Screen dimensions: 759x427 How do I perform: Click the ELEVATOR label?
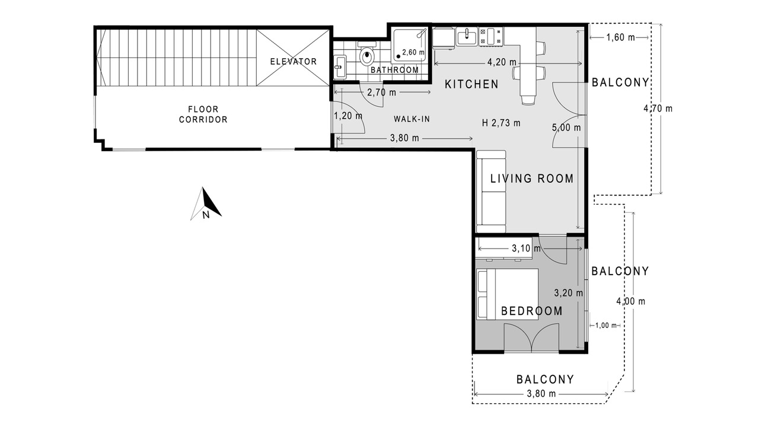pos(293,61)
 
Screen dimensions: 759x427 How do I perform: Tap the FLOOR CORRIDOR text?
pos(203,114)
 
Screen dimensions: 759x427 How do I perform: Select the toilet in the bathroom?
pos(366,53)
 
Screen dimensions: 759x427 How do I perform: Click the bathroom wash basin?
pos(340,67)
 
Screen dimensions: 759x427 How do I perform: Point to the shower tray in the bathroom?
pos(409,46)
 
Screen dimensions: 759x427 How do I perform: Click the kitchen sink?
pos(467,37)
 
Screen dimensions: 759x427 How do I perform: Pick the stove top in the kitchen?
pos(490,37)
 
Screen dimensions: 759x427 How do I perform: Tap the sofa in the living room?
pos(491,192)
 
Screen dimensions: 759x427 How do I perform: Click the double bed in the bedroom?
pos(507,294)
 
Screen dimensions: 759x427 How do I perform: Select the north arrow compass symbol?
pos(206,204)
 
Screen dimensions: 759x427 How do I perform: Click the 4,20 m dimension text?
pos(502,62)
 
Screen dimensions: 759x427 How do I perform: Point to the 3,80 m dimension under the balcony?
pos(541,393)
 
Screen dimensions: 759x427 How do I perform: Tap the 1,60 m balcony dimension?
pos(620,37)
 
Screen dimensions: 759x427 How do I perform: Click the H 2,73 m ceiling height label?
pos(501,123)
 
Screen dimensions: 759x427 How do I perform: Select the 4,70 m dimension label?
pos(658,109)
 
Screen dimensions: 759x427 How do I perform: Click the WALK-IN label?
pos(412,119)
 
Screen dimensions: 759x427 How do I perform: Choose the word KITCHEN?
pos(471,84)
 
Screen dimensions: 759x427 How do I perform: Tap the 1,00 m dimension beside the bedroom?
pos(606,326)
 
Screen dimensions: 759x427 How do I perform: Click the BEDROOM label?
pos(532,311)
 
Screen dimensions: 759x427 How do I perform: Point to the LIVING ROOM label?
pos(532,179)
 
